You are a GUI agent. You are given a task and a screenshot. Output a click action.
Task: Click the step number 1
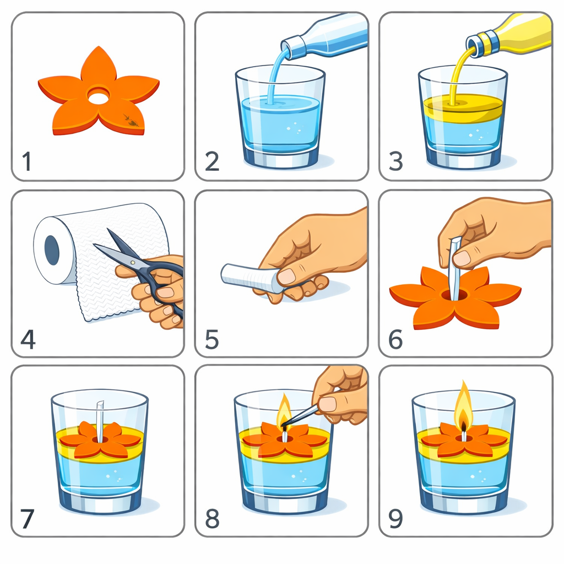pyautogui.click(x=26, y=161)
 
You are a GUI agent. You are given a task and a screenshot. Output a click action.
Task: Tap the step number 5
pyautogui.click(x=212, y=339)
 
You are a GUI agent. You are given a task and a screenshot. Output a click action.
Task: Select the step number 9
pyautogui.click(x=395, y=519)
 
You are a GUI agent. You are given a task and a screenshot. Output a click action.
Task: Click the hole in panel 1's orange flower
pyautogui.click(x=99, y=97)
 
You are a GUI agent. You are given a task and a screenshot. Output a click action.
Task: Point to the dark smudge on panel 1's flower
pyautogui.click(x=131, y=121)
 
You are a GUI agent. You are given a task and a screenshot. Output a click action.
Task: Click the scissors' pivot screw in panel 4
pyautogui.click(x=133, y=262)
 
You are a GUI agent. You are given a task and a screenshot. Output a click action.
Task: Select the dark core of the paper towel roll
pyautogui.click(x=52, y=251)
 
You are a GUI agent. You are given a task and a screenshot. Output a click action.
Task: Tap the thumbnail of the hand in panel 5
pyautogui.click(x=286, y=276)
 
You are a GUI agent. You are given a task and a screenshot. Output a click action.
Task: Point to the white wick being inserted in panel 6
pyautogui.click(x=454, y=268)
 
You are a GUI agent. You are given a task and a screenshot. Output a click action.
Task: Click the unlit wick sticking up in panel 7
pyautogui.click(x=100, y=421)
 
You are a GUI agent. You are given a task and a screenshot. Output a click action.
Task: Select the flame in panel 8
pyautogui.click(x=284, y=409)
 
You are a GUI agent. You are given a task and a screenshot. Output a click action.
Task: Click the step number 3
pyautogui.click(x=395, y=161)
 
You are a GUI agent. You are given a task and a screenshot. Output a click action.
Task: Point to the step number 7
pyautogui.click(x=28, y=519)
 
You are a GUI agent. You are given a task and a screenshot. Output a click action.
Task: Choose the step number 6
pyautogui.click(x=395, y=339)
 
